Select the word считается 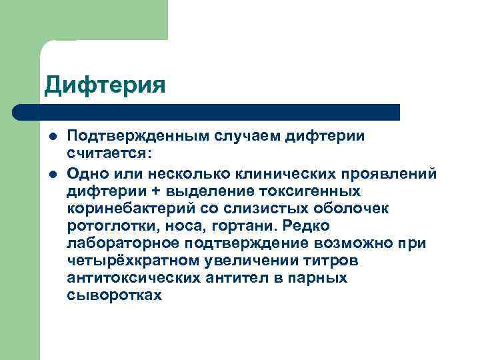(x=107, y=154)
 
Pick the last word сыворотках (x=114, y=295)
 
